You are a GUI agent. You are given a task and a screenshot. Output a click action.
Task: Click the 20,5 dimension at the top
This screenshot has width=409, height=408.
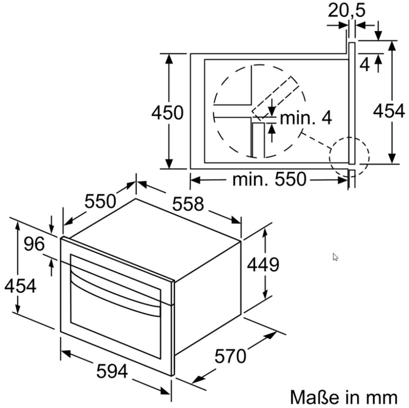coord(346,11)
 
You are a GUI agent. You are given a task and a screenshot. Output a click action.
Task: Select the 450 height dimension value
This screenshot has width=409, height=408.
coord(167,113)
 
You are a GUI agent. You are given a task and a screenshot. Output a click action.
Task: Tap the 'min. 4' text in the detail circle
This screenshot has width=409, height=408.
coord(305,118)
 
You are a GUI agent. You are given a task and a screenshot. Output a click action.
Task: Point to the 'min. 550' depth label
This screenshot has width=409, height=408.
coord(269,180)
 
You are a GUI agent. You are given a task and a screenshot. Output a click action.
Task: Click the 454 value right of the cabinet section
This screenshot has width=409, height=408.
coord(389,111)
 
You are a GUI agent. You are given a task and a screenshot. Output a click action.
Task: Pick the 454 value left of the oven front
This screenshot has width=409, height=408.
coord(20,286)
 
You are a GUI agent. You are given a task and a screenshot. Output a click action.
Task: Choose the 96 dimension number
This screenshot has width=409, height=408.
coord(34,244)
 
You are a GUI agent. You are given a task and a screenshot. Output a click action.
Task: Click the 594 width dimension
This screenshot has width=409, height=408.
coord(112,371)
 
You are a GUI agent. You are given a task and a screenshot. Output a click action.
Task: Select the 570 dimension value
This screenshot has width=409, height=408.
coord(230,356)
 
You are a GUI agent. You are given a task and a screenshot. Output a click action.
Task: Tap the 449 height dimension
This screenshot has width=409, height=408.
coord(263,265)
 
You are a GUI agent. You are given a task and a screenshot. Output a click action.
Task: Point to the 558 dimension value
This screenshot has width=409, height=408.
coord(188,204)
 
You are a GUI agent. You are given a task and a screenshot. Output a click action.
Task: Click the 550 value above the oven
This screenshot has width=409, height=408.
coord(100,201)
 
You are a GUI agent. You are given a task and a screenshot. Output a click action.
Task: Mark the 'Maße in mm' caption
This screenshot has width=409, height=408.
coord(344,397)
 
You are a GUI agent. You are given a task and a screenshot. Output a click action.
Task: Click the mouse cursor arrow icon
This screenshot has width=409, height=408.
coord(335,257)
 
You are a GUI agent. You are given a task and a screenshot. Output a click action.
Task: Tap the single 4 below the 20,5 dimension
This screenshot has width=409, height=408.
coord(364,65)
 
